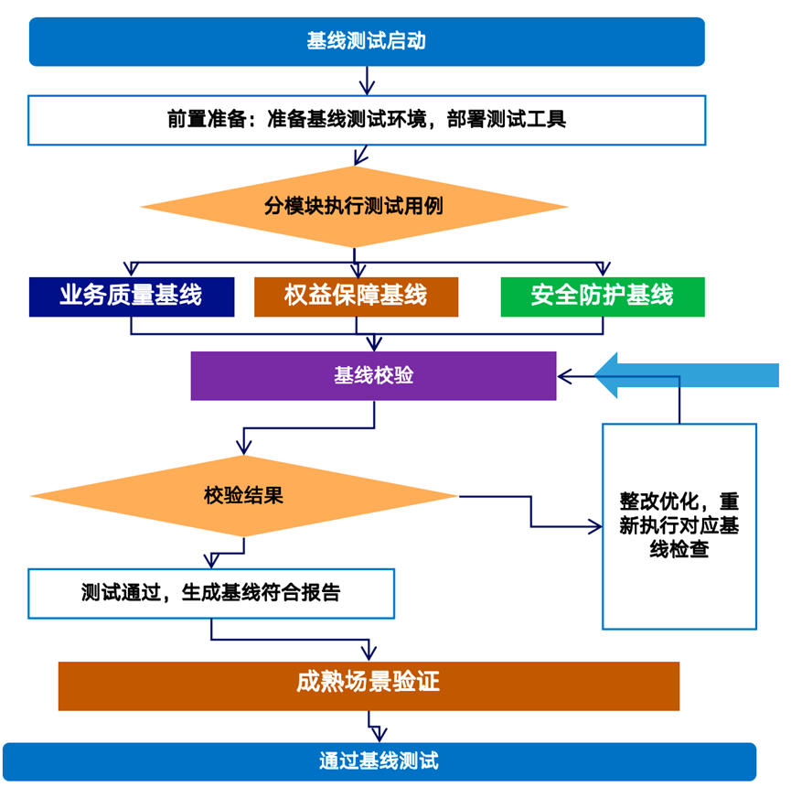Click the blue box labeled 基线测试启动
[x=367, y=42]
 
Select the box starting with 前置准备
[x=367, y=120]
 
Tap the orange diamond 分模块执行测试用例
[x=354, y=207]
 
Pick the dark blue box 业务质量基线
[x=132, y=297]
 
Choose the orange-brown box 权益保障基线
[x=356, y=297]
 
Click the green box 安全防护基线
[x=603, y=297]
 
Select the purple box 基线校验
[x=373, y=376]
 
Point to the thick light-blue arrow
[x=686, y=375]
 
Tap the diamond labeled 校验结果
[x=243, y=496]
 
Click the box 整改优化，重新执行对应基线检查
[x=679, y=526]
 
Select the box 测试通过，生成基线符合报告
[x=211, y=593]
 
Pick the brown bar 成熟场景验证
[x=369, y=685]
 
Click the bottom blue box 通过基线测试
[x=379, y=761]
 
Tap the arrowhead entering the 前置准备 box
[x=367, y=89]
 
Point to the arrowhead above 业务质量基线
[x=132, y=269]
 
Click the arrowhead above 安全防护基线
[x=603, y=269]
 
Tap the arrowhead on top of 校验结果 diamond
[x=243, y=448]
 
